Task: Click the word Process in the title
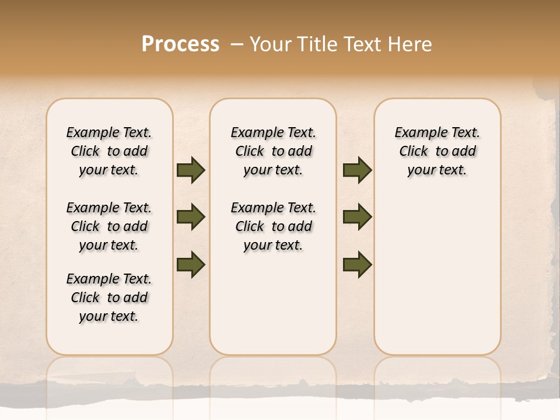point(180,44)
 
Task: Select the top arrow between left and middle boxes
point(191,170)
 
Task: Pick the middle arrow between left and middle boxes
point(191,218)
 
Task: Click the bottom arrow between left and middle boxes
point(191,264)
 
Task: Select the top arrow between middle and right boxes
point(357,170)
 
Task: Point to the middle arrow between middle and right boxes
point(357,218)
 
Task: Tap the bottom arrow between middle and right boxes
point(357,264)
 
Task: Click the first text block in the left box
point(109,151)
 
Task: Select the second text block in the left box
point(109,226)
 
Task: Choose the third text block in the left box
point(109,297)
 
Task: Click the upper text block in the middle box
point(274,151)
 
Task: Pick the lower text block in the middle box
point(274,226)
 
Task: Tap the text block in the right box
point(437,151)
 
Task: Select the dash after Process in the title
point(237,44)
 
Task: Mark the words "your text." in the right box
point(437,170)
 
